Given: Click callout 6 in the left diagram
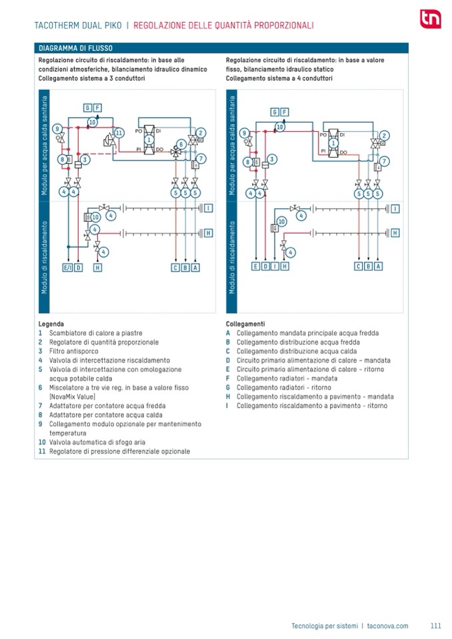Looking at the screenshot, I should tap(181, 144).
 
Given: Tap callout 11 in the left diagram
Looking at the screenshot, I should tap(119, 133).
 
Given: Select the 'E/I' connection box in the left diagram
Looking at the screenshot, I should tap(67, 267).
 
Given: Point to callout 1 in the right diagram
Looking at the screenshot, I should tap(333, 142).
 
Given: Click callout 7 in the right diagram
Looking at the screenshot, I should tap(385, 161).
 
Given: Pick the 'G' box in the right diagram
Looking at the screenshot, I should tap(274, 112).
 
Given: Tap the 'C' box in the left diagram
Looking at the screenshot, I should tap(175, 267).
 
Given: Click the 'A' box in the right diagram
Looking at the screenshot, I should tap(379, 267).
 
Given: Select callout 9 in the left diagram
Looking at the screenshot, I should tap(58, 129).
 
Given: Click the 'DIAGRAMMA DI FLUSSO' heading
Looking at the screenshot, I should tap(75, 49).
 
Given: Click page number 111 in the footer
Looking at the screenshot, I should tap(436, 626).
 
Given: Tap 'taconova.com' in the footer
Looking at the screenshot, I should tap(387, 626).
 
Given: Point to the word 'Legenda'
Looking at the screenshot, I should tap(51, 324).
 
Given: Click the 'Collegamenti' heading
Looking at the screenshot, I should tap(245, 324).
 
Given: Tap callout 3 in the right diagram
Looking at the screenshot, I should tap(273, 159).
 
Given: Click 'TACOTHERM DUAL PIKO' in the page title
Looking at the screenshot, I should tap(75, 26).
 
